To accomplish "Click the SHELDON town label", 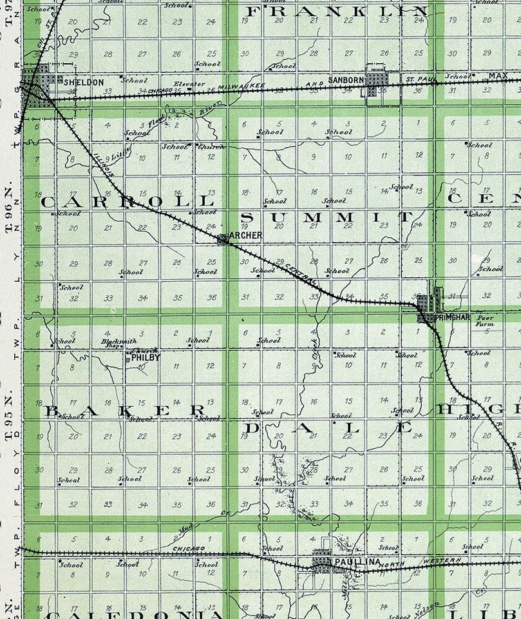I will tap(84, 83).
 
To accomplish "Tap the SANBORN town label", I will tap(346, 80).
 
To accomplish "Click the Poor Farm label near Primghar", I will tap(484, 322).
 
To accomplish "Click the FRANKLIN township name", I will tap(337, 12).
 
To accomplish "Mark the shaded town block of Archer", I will tap(222, 239).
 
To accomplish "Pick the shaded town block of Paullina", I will tap(321, 564).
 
